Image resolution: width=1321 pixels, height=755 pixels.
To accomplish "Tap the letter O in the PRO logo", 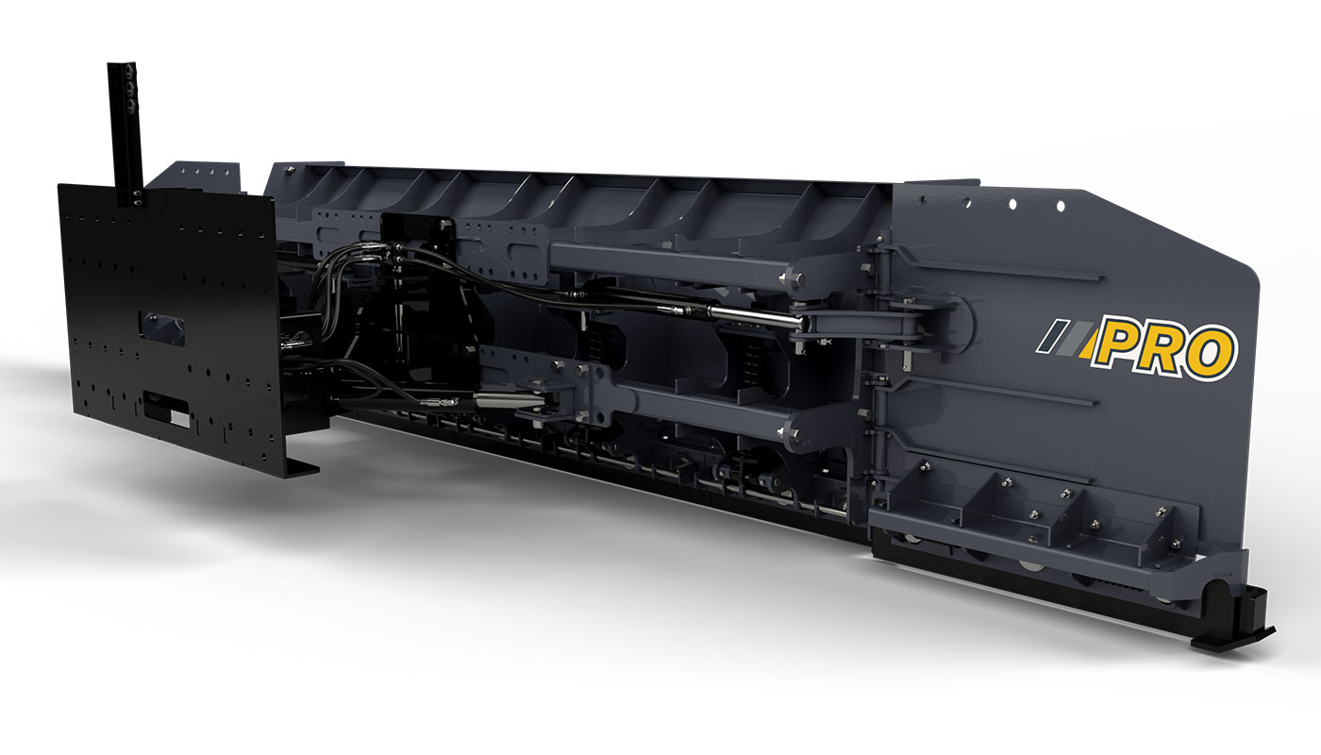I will point(1209,353).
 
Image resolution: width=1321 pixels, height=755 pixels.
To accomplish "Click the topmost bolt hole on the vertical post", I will point(130,70).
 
